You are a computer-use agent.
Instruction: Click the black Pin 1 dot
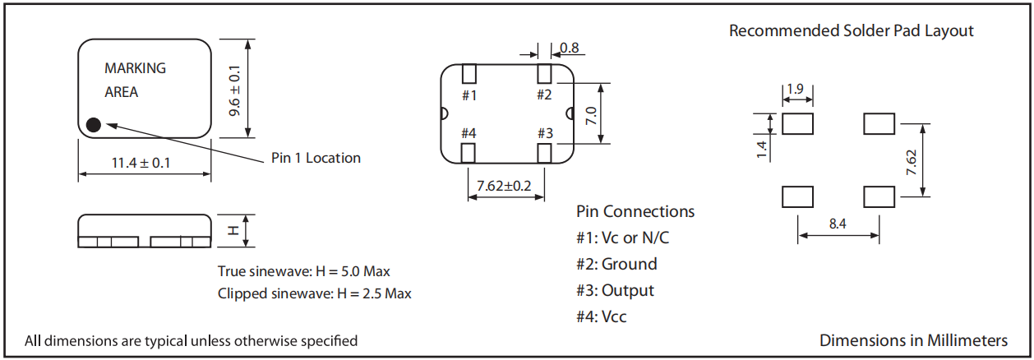pos(94,125)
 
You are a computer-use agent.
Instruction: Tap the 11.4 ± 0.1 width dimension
pos(141,163)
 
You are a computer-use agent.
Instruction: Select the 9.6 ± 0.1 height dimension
pos(236,90)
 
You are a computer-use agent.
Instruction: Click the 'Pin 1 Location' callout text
pos(316,158)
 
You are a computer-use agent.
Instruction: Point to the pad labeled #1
pos(469,73)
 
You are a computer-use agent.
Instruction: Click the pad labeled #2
pos(544,73)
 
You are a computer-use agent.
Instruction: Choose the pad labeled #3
pos(544,153)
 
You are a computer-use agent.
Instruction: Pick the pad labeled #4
pos(469,153)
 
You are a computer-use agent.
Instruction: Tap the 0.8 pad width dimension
pos(570,48)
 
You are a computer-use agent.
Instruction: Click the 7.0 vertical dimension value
pos(590,113)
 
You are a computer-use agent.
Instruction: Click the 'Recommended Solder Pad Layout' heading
pos(851,31)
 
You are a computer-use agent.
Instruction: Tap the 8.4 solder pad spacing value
pos(838,224)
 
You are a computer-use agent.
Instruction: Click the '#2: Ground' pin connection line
pos(616,265)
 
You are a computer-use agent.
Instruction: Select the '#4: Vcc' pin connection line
pos(607,316)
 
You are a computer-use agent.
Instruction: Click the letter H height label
pos(233,231)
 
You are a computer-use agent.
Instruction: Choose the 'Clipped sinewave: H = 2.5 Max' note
pos(314,293)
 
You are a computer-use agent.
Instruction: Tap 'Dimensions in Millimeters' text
pos(913,340)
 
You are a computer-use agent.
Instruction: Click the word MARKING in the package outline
pos(135,68)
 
